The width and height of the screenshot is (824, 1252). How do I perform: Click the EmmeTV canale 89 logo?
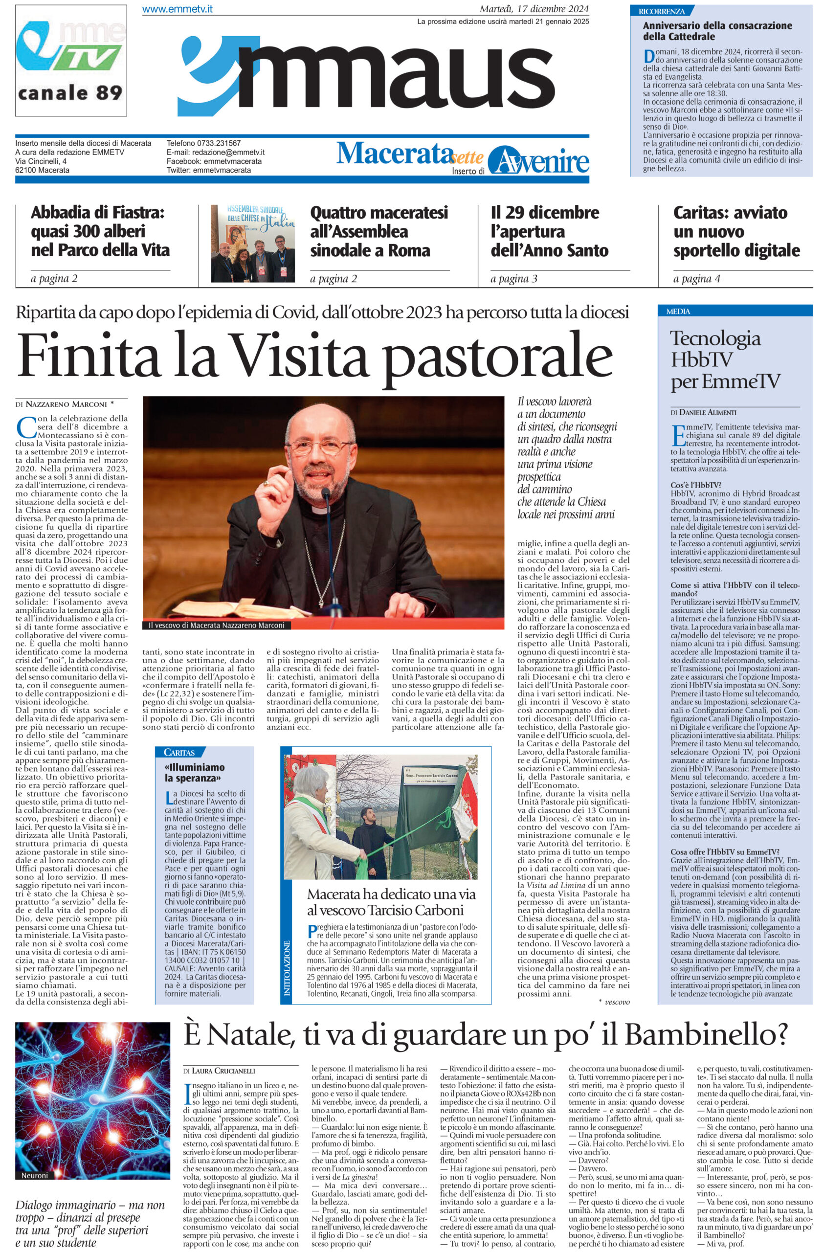tap(71, 61)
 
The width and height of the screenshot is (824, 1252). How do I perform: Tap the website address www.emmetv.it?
tap(177, 9)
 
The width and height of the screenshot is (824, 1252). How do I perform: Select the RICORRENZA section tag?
tap(661, 11)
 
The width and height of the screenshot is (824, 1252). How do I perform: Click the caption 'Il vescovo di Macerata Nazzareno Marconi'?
tap(216, 625)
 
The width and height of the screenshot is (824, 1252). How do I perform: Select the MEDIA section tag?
tap(678, 312)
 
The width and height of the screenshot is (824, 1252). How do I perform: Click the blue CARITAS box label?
tap(179, 753)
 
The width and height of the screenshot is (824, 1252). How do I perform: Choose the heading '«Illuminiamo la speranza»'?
tap(195, 772)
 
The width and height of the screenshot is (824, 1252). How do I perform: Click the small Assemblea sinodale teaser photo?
tap(253, 244)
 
